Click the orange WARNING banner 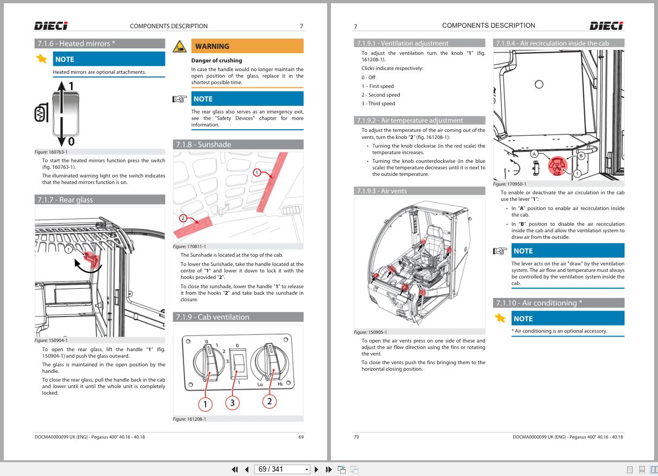[x=247, y=46]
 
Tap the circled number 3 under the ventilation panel [x=233, y=403]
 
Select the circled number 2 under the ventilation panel [x=270, y=401]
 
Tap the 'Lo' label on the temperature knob [x=260, y=384]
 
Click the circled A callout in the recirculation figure [x=534, y=154]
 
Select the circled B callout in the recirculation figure [x=581, y=155]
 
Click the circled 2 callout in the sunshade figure [x=183, y=219]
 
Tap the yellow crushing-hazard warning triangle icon [x=179, y=46]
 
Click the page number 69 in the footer [x=301, y=437]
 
